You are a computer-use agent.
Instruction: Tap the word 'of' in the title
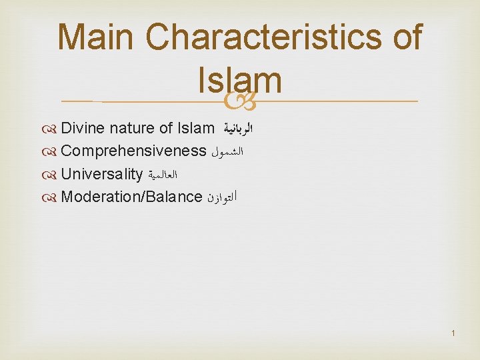tap(407, 37)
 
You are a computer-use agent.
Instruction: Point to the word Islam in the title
tap(239, 80)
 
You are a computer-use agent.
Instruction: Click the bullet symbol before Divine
tap(53, 128)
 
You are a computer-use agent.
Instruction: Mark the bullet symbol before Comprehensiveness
tap(53, 151)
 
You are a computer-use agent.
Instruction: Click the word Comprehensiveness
tap(133, 151)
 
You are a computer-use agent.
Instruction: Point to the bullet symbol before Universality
tap(53, 175)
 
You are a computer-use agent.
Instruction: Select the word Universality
tap(101, 175)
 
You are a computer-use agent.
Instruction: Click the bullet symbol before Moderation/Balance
tap(53, 197)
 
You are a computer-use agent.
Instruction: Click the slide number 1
tap(453, 332)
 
